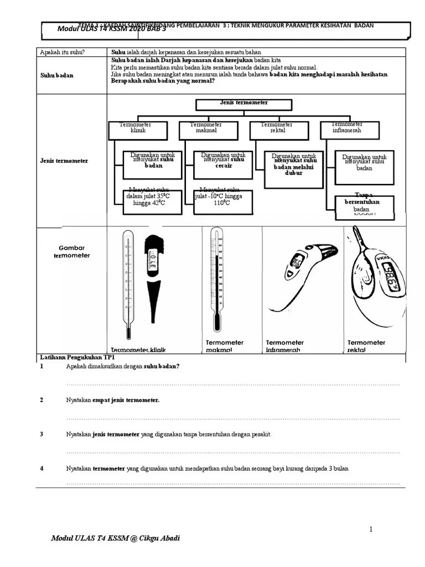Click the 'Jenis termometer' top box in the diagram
click(243, 105)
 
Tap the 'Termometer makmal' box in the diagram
click(206, 130)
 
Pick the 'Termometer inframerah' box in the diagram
click(350, 130)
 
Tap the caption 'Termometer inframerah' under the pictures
click(284, 346)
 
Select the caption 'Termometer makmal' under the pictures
click(224, 346)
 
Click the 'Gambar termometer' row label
click(71, 252)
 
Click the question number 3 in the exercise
click(42, 435)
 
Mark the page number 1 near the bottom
click(371, 529)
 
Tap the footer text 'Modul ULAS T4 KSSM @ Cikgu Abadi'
click(115, 539)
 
